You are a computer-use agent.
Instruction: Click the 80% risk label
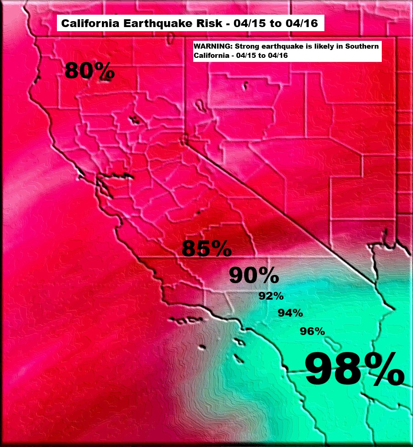pos(89,71)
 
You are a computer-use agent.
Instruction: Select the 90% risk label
pos(254,275)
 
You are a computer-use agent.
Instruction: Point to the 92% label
pos(271,296)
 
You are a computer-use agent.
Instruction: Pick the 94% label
pos(290,313)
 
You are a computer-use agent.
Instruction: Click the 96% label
pos(312,331)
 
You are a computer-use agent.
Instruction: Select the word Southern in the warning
pos(363,47)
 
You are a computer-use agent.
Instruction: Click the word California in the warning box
pos(209,55)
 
